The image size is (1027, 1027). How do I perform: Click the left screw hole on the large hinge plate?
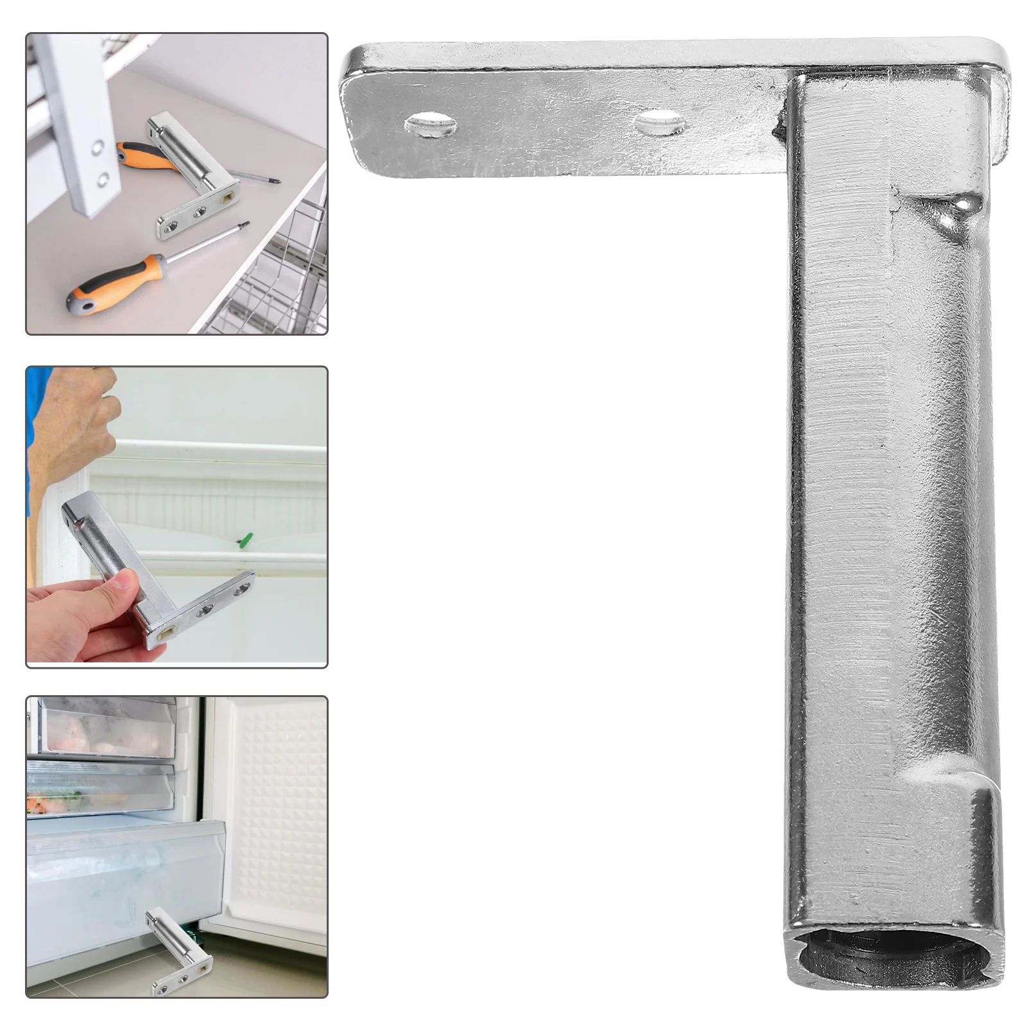tap(431, 123)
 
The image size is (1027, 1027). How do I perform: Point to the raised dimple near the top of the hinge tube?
tap(960, 206)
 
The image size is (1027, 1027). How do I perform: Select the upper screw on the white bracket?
tap(96, 150)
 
